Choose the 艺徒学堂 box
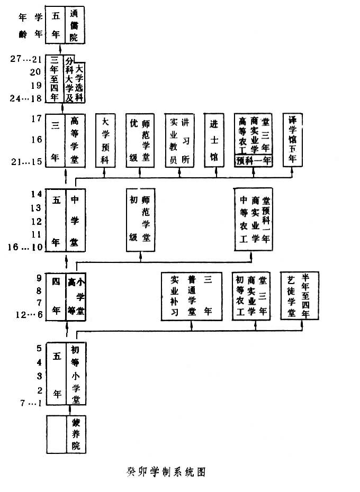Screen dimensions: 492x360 (x=299, y=295)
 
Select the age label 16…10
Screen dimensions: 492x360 (x=26, y=247)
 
